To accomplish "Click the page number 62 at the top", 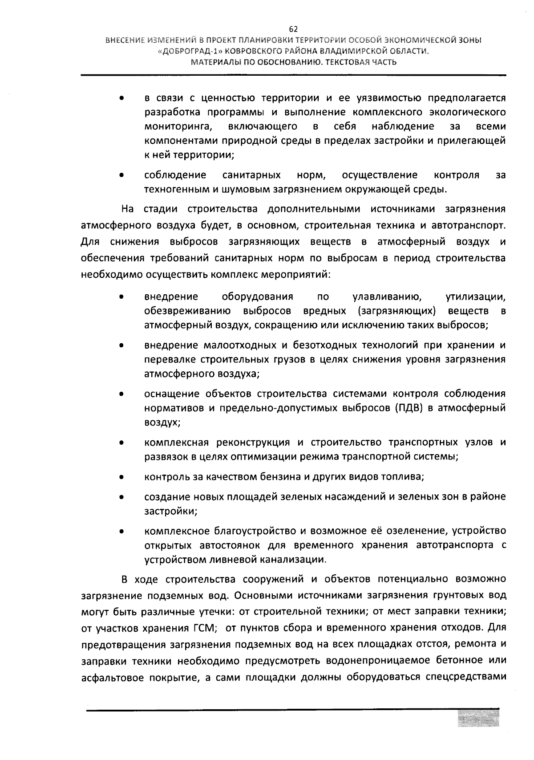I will click(x=293, y=29).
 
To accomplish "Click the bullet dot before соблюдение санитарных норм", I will click(x=121, y=175).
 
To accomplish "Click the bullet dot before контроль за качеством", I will click(x=121, y=477).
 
